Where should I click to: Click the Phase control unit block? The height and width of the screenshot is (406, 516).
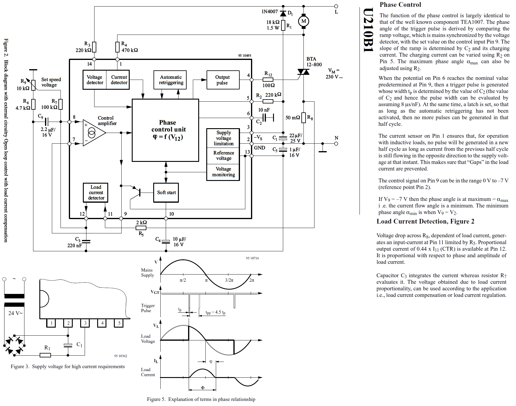point(165,130)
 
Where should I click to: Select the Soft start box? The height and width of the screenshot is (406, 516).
point(166,193)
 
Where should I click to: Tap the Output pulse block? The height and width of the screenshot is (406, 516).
point(223,80)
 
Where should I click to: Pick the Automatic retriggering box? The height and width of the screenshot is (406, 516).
point(170,80)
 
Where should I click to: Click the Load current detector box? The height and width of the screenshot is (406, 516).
point(95,193)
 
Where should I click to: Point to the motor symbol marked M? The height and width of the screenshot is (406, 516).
point(303,21)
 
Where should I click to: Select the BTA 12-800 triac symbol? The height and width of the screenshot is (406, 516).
point(303,72)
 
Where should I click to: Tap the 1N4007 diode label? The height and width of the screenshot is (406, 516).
point(269,12)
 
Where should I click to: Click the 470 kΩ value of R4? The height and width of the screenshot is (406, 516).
point(130,50)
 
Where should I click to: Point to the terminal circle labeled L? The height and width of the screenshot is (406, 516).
point(336,6)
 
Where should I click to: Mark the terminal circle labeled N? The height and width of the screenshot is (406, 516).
point(336,143)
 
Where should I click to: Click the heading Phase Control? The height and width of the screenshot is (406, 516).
point(400,5)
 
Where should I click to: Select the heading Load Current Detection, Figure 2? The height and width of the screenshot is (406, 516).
point(425,221)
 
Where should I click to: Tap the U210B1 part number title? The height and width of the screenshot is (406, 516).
point(368,30)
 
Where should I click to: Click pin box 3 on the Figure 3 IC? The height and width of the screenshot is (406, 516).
point(85,323)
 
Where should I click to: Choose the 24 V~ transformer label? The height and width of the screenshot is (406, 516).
point(15,313)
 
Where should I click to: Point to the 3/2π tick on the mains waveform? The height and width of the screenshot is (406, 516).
point(229,280)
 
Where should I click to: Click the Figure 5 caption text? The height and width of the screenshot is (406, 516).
point(201,399)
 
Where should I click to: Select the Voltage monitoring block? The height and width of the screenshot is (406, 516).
point(223,172)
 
